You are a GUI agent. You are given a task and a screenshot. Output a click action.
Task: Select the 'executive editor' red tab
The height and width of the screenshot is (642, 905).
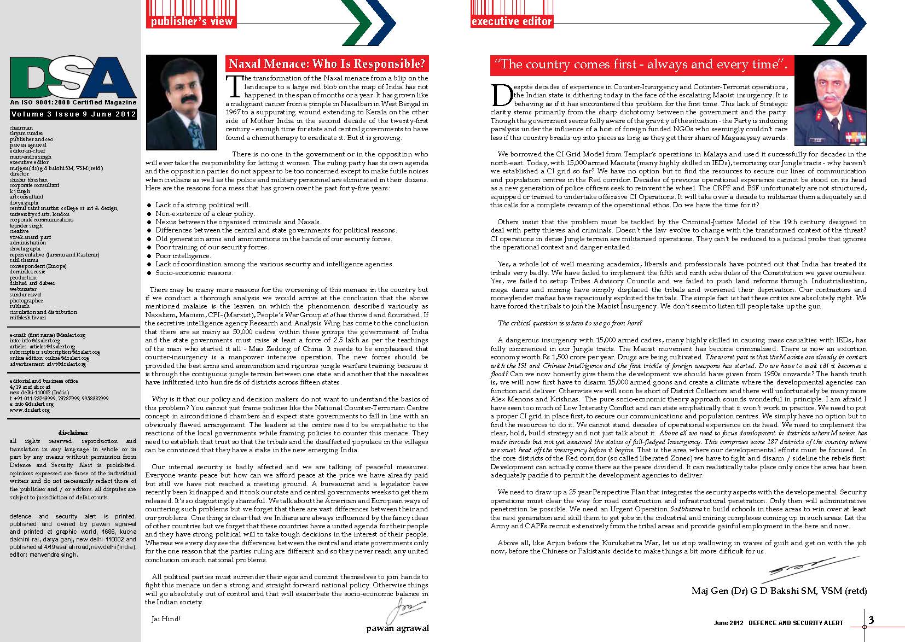[512, 21]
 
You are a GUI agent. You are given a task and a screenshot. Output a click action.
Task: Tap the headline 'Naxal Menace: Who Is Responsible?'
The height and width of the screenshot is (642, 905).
[327, 63]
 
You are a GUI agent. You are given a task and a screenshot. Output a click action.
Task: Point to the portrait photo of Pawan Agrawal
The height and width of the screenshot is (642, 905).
[182, 103]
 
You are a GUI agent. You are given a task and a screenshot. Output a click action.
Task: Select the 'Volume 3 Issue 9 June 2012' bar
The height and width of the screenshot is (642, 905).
[73, 114]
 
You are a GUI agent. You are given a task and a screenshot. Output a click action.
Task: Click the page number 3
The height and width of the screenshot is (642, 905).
[871, 620]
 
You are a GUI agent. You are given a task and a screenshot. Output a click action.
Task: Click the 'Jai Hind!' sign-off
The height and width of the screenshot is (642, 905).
[165, 619]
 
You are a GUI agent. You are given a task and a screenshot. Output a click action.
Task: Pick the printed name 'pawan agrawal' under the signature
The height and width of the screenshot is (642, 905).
[397, 628]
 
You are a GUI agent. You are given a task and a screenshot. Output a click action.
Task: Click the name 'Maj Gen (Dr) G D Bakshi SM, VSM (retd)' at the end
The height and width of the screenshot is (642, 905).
[779, 591]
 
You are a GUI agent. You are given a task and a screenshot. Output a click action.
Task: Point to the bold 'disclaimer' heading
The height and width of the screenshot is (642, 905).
[73, 433]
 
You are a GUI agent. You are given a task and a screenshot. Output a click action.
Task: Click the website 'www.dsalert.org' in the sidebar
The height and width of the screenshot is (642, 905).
[30, 410]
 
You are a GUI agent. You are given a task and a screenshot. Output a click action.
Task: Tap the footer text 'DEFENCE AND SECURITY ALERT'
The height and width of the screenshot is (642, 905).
[796, 623]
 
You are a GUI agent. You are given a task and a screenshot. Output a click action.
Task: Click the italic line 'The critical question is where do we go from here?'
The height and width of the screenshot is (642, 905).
[570, 323]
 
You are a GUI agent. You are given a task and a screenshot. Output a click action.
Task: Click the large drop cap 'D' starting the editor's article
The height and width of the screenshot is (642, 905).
[501, 96]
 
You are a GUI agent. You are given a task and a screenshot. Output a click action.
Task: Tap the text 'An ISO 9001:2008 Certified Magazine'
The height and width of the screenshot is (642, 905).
[73, 102]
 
